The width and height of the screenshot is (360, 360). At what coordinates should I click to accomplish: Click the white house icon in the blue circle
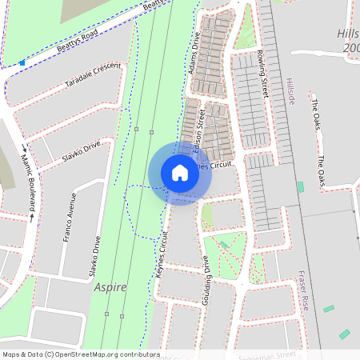click(x=180, y=173)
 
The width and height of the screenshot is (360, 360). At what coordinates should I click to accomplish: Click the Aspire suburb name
click(x=110, y=287)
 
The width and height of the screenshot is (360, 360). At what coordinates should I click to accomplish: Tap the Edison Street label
click(x=202, y=127)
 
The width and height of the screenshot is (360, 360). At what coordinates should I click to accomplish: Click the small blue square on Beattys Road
click(x=22, y=62)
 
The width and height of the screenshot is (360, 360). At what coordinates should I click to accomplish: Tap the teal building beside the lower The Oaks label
click(x=300, y=186)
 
